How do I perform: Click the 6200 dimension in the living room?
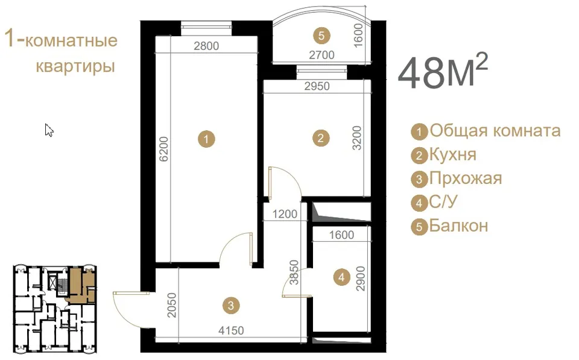click(163, 149)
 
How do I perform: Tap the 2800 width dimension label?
click(206, 46)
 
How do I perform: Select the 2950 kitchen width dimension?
click(317, 86)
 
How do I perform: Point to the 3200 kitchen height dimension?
click(356, 137)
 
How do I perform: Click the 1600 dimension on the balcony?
click(358, 36)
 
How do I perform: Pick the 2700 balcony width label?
click(321, 55)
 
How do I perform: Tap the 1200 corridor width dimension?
click(285, 214)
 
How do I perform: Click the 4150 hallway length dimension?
click(231, 330)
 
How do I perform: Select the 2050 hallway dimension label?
click(172, 305)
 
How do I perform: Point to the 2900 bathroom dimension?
click(360, 279)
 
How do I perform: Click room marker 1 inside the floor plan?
click(206, 139)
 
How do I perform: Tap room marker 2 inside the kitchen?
click(320, 138)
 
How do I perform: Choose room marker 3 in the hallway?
click(231, 305)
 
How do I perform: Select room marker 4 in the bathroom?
click(341, 277)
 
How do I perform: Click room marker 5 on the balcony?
click(321, 36)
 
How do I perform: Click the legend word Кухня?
click(453, 155)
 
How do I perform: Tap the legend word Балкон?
click(458, 226)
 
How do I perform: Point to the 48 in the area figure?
click(420, 73)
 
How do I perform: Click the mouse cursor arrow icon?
click(49, 130)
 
